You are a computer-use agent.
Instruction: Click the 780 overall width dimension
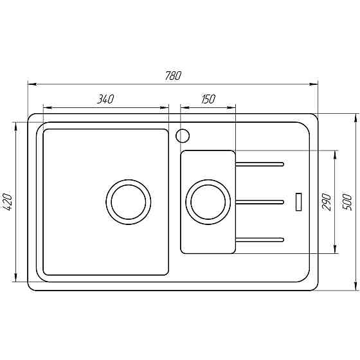pyautogui.click(x=173, y=75)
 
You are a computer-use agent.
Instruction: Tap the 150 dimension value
pyautogui.click(x=208, y=99)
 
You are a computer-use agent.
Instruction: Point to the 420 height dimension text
pyautogui.click(x=7, y=202)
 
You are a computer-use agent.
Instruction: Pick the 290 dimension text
pyautogui.click(x=326, y=202)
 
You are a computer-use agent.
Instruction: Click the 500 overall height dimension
pyautogui.click(x=347, y=201)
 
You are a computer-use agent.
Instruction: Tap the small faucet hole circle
pyautogui.click(x=183, y=136)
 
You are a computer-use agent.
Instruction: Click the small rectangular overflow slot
pyautogui.click(x=298, y=201)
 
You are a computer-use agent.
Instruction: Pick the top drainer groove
pyautogui.click(x=260, y=164)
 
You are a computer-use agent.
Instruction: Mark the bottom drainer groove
pyautogui.click(x=260, y=240)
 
